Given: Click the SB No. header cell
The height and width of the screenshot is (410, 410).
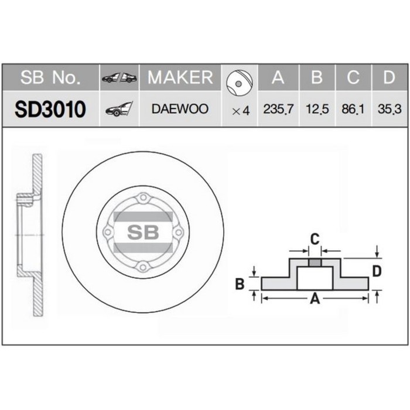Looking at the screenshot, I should [50, 77].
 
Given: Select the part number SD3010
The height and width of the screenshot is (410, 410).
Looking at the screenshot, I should [50, 109].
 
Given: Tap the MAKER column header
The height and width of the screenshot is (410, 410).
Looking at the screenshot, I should [180, 77].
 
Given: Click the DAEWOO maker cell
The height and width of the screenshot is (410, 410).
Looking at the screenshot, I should [180, 110].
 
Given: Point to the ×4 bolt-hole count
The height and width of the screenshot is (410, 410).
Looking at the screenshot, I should [241, 110].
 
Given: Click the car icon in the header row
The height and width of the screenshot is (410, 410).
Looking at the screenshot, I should [119, 77].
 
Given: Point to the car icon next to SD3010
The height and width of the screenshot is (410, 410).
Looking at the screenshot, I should [119, 110].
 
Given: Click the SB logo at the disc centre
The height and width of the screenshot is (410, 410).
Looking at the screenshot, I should [143, 232].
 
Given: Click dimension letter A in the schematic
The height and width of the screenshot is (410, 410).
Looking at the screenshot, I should [315, 299].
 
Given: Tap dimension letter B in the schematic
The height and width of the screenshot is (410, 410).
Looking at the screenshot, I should [239, 285].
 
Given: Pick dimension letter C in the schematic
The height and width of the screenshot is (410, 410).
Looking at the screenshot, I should [314, 238].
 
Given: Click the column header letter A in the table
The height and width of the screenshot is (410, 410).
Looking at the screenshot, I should [278, 77].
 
